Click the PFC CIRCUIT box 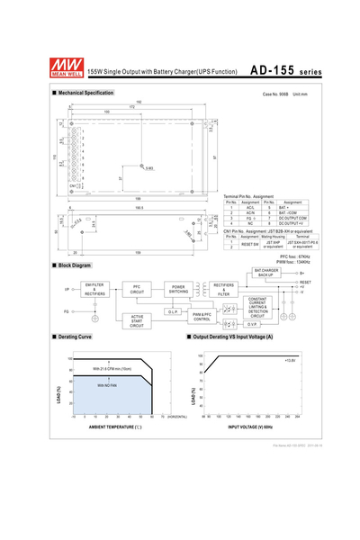[137, 290]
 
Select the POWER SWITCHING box [178, 290]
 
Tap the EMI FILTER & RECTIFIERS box [94, 289]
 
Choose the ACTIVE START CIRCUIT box [137, 321]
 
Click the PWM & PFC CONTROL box [202, 317]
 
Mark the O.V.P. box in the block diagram [252, 324]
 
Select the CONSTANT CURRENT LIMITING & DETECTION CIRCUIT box [258, 306]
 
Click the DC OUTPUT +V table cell [292, 222]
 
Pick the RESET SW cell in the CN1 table [250, 244]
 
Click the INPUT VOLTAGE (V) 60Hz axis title [251, 426]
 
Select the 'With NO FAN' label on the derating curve [109, 385]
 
